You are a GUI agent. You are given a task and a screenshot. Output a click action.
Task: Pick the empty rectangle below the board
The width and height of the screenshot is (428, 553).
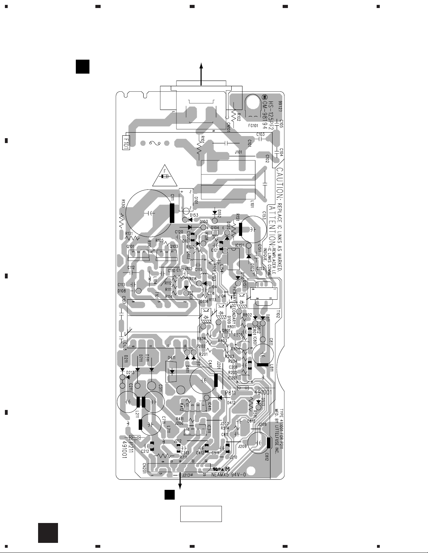tap(201, 514)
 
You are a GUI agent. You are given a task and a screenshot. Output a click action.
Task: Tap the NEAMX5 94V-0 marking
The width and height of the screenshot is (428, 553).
tap(230, 475)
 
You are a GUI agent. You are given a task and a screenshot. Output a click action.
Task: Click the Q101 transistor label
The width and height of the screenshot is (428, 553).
tap(130, 246)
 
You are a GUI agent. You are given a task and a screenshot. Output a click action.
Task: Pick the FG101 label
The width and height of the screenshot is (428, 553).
tap(253, 126)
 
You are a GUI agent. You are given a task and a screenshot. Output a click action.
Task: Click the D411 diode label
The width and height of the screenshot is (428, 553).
tap(172, 358)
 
